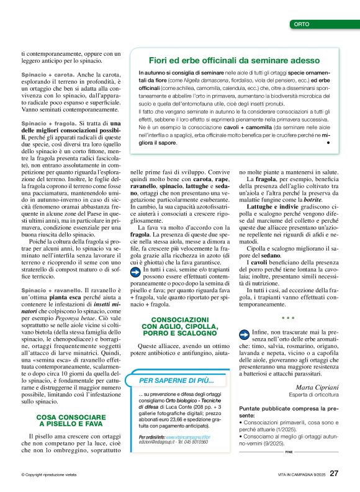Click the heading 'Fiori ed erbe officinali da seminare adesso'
[234, 61]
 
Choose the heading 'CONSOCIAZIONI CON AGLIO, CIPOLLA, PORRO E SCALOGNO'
[181, 329]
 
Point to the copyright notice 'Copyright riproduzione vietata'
[49, 475]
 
